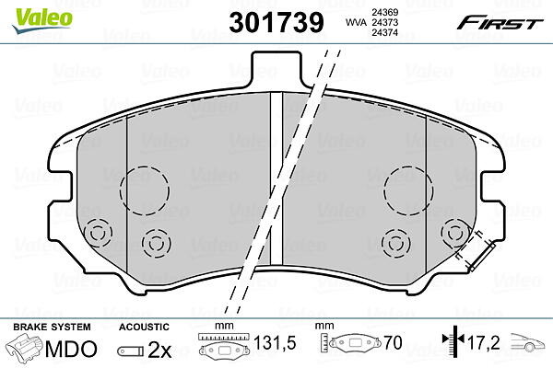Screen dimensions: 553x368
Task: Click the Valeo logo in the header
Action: click(x=42, y=20)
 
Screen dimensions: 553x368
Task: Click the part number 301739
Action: click(x=276, y=22)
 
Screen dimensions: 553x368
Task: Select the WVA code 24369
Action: click(x=384, y=12)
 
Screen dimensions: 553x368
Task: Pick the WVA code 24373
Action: click(x=384, y=22)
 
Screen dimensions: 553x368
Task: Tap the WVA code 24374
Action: click(x=384, y=32)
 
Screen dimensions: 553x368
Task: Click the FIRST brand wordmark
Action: click(x=500, y=23)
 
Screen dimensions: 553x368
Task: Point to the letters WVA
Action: click(x=356, y=22)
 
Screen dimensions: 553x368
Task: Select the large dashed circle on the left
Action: click(x=120, y=190)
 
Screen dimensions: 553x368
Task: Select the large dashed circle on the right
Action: click(x=384, y=190)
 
